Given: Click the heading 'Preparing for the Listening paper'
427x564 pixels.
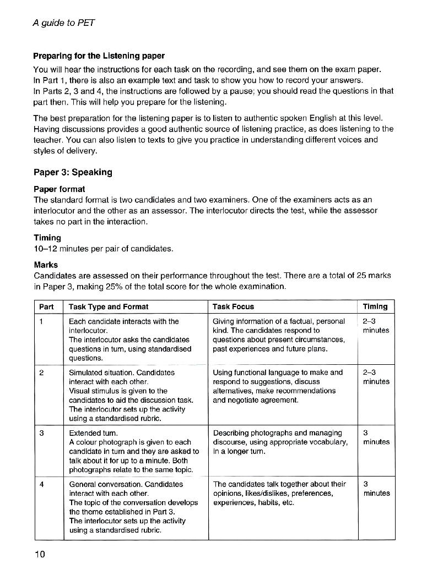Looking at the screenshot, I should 99,56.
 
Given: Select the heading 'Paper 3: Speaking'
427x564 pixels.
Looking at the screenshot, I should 73,172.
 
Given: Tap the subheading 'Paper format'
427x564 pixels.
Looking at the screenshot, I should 60,189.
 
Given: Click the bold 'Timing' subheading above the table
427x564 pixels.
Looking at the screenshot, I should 47,238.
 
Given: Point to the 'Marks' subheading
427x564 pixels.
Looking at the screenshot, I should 46,265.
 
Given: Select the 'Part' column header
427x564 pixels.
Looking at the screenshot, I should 47,306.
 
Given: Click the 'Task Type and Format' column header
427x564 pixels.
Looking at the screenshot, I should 109,306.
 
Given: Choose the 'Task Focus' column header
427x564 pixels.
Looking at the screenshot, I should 234,306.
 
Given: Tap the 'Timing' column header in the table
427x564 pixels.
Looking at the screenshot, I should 375,306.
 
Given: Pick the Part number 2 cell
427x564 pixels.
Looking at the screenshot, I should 42,373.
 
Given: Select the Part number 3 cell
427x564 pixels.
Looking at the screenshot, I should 42,433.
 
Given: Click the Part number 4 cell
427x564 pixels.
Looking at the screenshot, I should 42,484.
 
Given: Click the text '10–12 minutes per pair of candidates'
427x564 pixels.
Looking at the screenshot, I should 104,248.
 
